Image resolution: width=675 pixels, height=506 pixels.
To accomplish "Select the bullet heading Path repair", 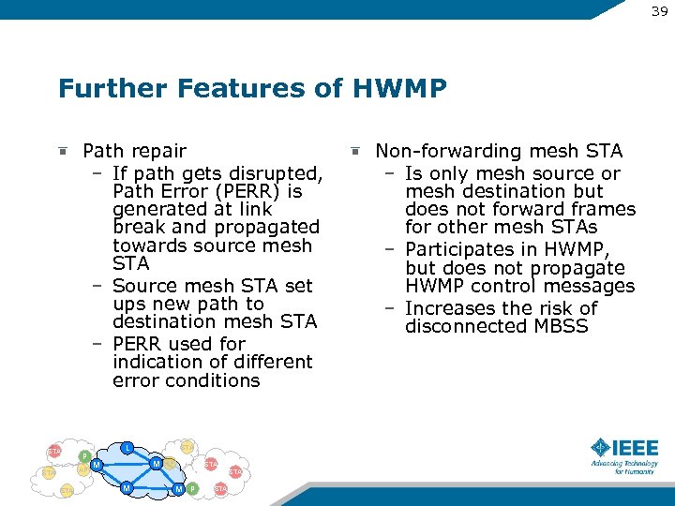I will (134, 151).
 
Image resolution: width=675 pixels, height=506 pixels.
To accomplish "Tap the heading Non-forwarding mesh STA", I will (498, 151).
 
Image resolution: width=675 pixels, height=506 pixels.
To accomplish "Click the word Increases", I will (446, 308).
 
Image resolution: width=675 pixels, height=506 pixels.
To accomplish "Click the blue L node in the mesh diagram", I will (127, 447).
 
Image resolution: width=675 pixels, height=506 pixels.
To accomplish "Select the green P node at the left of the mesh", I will (84, 456).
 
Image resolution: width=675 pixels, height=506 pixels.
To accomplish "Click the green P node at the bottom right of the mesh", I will (192, 488).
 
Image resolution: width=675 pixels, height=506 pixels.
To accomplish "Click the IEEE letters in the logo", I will (637, 448).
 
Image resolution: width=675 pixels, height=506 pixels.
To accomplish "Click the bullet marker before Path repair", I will (62, 150).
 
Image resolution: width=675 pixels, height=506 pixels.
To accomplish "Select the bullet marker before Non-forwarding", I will (354, 150).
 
